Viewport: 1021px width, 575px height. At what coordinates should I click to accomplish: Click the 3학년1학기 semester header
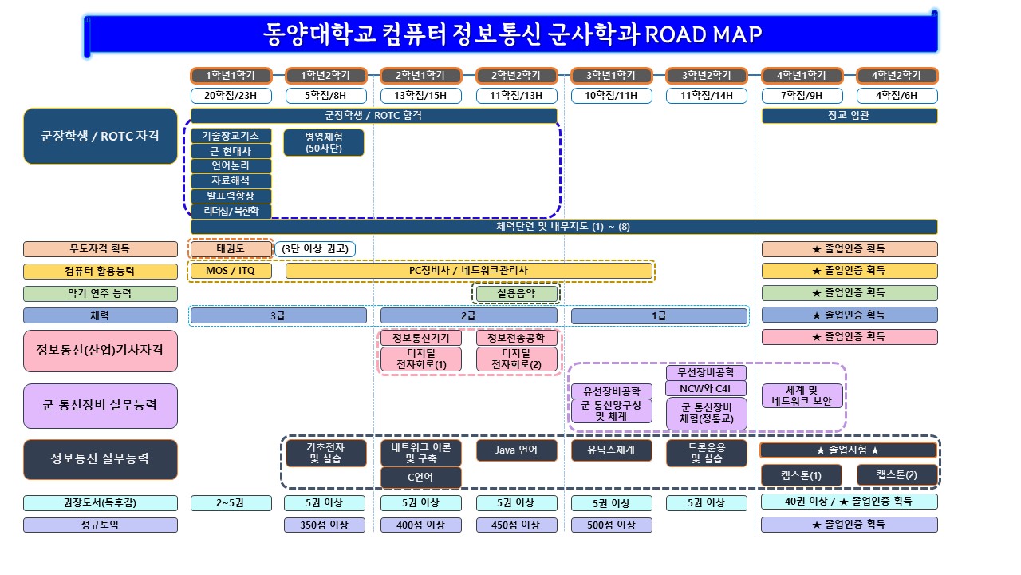click(x=611, y=76)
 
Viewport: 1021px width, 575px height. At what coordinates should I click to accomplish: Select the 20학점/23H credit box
click(x=231, y=96)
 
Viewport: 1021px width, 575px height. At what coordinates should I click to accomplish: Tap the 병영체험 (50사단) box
click(x=324, y=142)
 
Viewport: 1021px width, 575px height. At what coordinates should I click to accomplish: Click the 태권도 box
click(x=231, y=248)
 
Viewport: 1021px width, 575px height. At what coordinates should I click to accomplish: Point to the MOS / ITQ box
click(x=231, y=271)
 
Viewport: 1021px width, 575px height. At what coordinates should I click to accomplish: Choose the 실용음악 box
click(x=516, y=293)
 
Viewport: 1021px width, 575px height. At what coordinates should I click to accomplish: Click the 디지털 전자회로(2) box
click(x=516, y=359)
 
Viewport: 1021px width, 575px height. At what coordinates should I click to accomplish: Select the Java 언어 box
click(x=516, y=450)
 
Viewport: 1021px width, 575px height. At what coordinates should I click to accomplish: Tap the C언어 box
click(x=420, y=478)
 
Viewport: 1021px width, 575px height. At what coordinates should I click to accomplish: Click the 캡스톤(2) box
click(x=897, y=474)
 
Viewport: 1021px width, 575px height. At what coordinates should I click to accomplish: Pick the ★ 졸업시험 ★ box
click(x=848, y=450)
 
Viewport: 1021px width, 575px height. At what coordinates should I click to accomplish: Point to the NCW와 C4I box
click(x=706, y=389)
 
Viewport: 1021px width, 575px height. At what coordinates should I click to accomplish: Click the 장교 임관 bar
click(x=849, y=116)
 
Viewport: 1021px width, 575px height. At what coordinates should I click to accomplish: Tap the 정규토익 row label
click(x=100, y=525)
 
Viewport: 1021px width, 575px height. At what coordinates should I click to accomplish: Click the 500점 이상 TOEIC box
click(x=611, y=525)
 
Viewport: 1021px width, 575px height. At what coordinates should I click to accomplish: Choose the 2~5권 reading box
click(x=231, y=503)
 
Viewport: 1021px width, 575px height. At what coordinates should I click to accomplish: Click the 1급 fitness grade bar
click(x=659, y=315)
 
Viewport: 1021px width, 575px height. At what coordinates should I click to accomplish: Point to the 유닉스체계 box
click(x=611, y=450)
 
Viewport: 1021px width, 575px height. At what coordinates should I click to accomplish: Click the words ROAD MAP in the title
click(x=702, y=34)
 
